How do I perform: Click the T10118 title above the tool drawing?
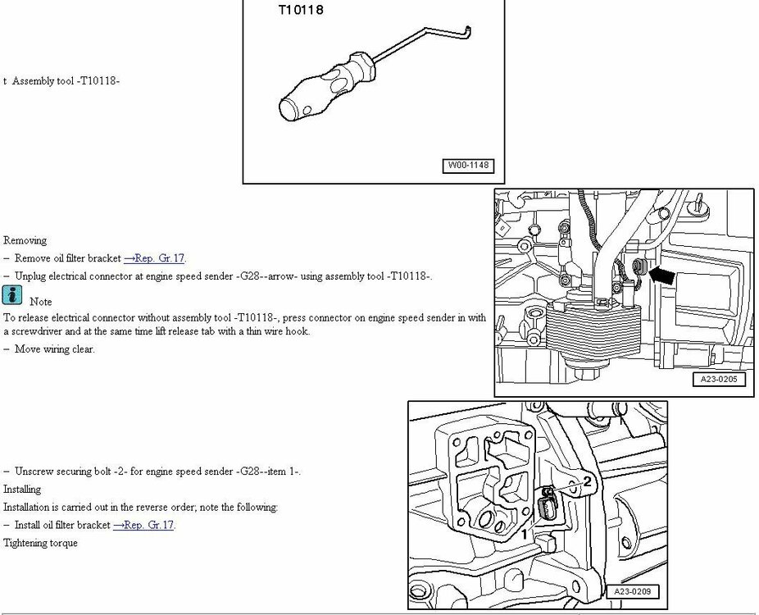pos(301,10)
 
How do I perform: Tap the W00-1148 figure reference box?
pos(468,166)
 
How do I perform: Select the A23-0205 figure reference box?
pos(719,379)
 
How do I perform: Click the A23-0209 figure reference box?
pos(632,591)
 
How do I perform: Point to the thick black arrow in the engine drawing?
pos(661,276)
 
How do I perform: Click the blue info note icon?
pos(12,295)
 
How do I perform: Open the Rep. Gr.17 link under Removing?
pos(154,258)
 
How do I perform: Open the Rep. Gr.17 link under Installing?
pos(143,525)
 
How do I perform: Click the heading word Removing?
pos(25,240)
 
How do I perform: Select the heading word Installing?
pos(22,489)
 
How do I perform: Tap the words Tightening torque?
pos(40,543)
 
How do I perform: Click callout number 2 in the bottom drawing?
pos(587,481)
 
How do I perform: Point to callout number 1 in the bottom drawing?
pos(525,535)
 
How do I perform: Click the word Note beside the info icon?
pos(41,301)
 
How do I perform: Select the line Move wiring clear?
pos(54,349)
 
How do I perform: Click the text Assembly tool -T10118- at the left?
pos(66,81)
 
